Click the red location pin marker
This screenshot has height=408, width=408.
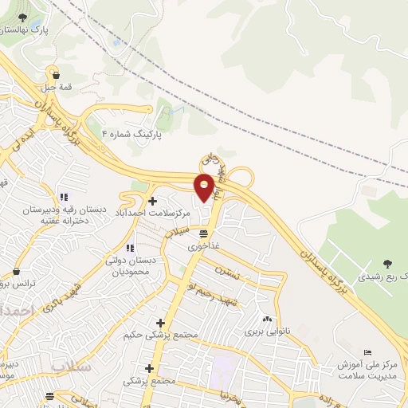204,187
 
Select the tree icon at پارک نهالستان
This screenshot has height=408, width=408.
22,18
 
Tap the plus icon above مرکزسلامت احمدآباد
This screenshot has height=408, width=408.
152,200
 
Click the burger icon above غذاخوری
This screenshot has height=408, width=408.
205,233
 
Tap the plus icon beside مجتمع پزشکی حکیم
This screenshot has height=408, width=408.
160,324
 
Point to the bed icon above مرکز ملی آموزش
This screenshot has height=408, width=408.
367,353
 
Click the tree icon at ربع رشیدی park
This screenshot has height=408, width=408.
387,263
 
